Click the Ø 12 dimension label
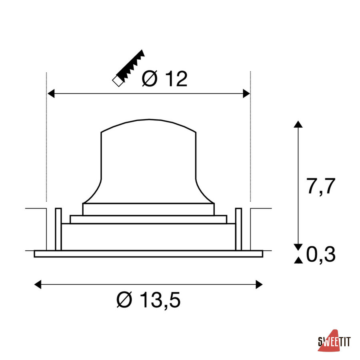click(x=165, y=78)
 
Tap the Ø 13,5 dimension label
click(x=148, y=300)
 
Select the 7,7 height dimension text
click(x=321, y=186)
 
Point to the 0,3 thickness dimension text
click(x=321, y=254)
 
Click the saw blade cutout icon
click(x=128, y=68)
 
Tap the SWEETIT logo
click(x=334, y=341)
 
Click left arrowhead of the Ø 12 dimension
click(x=51, y=94)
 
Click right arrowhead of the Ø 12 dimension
click(x=246, y=94)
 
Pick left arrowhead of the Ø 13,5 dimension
click(x=38, y=284)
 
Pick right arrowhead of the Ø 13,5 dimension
click(x=259, y=284)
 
